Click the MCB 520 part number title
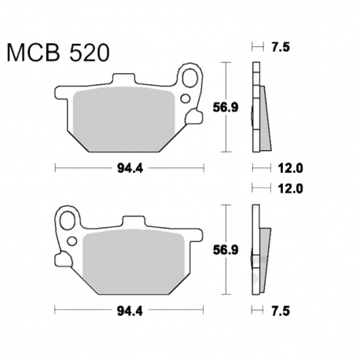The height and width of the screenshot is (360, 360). point(58,53)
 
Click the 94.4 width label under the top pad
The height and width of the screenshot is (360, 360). point(130,168)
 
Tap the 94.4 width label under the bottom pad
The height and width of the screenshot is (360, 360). point(130,311)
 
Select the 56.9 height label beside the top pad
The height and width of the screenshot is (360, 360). point(226,107)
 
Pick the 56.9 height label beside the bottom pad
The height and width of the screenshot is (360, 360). point(226,250)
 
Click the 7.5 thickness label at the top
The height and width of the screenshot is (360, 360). point(281,47)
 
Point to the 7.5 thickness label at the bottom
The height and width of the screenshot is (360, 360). point(281,311)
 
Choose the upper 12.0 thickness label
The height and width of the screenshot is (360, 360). point(290,168)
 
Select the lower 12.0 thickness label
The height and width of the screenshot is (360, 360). point(290,189)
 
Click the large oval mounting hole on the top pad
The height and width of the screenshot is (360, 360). point(190,77)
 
